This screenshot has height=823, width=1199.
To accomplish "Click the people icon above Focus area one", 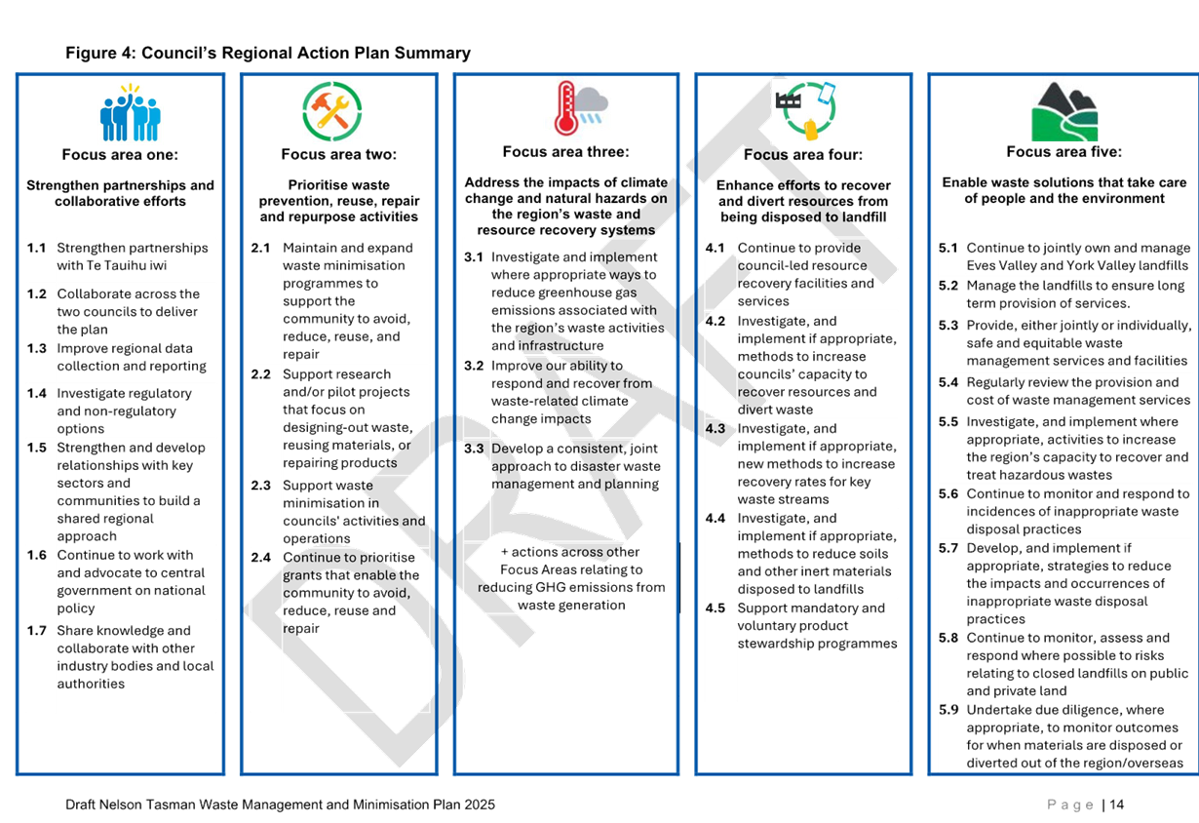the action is (130, 112).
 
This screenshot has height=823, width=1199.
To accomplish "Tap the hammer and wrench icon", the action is (331, 111).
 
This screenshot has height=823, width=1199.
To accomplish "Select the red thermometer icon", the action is (565, 107).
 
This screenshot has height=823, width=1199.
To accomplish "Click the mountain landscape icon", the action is (1064, 111).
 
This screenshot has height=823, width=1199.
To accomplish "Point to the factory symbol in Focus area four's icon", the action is (789, 100).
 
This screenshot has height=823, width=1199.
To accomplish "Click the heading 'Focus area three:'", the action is (565, 152).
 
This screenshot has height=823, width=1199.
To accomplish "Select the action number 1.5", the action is (37, 448).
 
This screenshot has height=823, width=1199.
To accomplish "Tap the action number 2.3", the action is (260, 486).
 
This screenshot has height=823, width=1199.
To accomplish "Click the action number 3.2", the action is (474, 366).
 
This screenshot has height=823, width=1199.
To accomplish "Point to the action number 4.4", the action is (716, 519).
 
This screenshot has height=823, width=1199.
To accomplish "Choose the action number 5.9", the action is (948, 710).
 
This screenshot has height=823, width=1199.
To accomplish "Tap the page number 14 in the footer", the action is (1116, 804).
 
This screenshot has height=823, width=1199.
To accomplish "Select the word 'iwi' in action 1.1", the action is (158, 265).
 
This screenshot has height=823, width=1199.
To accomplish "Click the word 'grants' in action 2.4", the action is (303, 576).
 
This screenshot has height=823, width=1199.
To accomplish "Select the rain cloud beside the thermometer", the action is (592, 104).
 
